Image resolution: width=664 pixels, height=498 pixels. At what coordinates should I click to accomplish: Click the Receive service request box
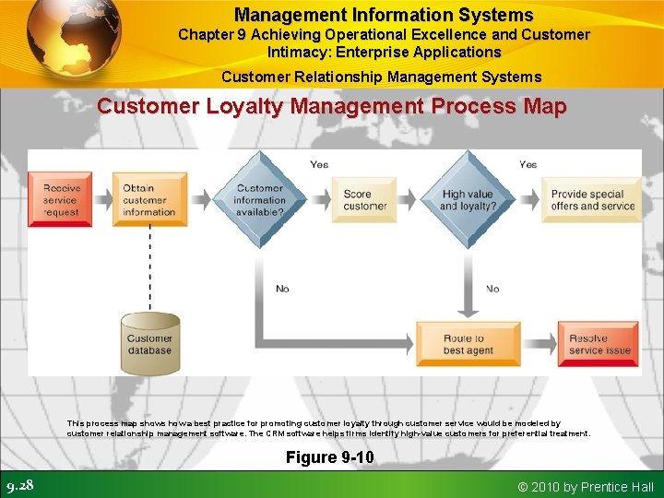coord(62,199)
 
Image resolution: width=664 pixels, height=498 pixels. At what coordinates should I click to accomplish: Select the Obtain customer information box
coord(149,199)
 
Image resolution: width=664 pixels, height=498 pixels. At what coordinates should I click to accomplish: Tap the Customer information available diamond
coord(259,199)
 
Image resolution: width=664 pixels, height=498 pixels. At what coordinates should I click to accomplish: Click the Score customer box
coord(366,199)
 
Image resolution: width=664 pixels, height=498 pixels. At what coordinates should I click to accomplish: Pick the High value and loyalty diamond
coord(468,199)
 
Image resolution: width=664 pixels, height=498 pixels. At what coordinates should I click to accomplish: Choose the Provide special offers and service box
coord(593,199)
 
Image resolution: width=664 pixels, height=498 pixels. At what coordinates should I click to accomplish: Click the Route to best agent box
coord(462,344)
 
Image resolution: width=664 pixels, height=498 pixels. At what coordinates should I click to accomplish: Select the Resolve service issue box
coord(600,344)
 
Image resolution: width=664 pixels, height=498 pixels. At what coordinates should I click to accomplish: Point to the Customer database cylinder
coord(149,344)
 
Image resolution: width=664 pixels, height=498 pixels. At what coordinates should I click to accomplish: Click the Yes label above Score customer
coord(319,164)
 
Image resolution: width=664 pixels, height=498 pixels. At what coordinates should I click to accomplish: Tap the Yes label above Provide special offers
coord(528,164)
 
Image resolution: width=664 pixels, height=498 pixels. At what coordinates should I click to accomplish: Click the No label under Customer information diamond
coord(282,289)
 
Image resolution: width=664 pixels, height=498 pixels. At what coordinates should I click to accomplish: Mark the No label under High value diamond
coord(492,289)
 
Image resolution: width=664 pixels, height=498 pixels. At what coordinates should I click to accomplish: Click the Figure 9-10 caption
coord(329,457)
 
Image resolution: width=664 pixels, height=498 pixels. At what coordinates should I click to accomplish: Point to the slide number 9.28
coord(20,485)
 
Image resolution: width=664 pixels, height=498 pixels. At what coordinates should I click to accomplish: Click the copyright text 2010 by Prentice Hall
coord(586,486)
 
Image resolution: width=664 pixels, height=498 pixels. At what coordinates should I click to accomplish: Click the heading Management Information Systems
coord(384,15)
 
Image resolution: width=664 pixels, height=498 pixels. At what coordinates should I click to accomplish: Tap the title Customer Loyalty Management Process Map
coord(332,106)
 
